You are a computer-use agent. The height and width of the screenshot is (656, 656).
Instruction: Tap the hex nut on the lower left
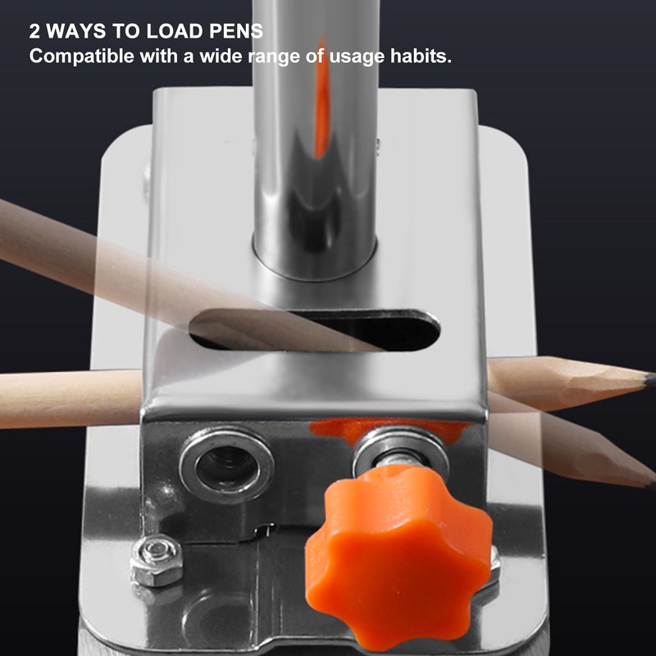click(156, 560)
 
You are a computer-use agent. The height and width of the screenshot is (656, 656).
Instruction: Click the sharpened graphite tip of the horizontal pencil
click(648, 380)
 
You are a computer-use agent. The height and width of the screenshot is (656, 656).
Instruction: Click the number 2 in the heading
click(34, 32)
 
